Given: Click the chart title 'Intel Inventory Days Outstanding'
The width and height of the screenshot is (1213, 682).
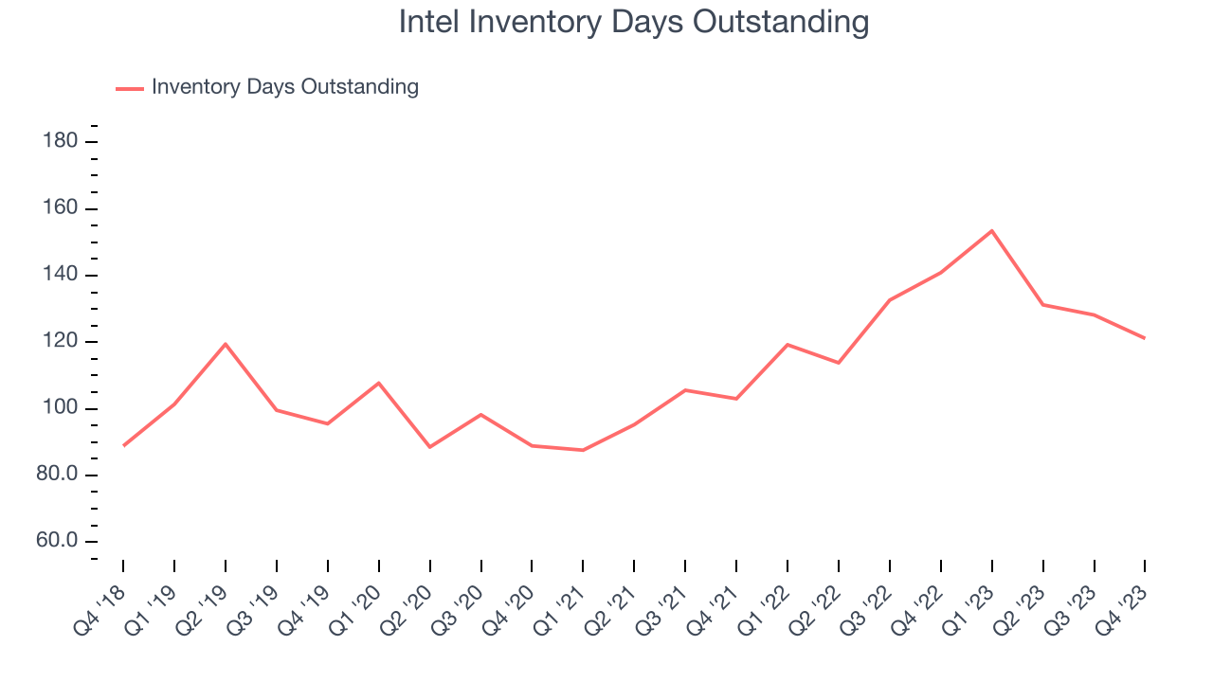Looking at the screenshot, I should click(633, 22).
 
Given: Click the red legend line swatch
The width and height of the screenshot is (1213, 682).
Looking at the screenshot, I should click(130, 88).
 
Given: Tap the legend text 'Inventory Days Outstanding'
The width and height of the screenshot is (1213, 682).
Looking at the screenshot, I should click(284, 87).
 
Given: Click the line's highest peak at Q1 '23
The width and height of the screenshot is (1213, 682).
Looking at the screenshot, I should click(991, 231).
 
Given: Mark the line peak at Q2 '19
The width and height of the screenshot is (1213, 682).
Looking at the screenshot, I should click(225, 344).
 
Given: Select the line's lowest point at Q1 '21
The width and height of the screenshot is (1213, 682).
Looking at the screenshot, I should click(583, 450).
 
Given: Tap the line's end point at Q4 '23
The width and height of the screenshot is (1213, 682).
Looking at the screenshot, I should click(1145, 338).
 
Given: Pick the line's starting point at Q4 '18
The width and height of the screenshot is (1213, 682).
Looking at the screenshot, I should click(123, 445).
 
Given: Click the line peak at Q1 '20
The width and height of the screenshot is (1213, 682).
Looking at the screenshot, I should click(378, 383).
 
